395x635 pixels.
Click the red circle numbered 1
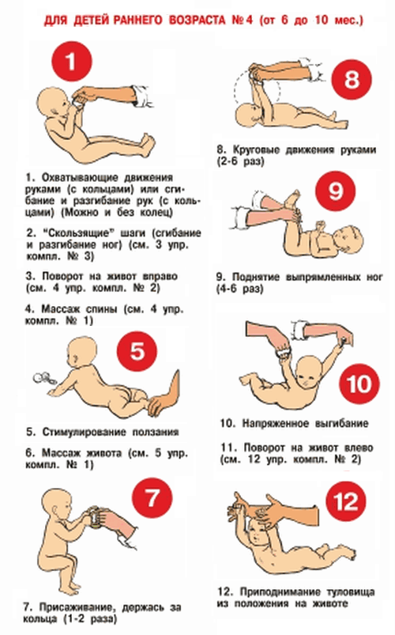pos(72,62)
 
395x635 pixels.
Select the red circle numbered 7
pos(152,498)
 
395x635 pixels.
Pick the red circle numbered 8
pos(352,79)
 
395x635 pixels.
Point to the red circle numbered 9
pos(336,191)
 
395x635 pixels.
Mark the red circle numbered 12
pos(347,502)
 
